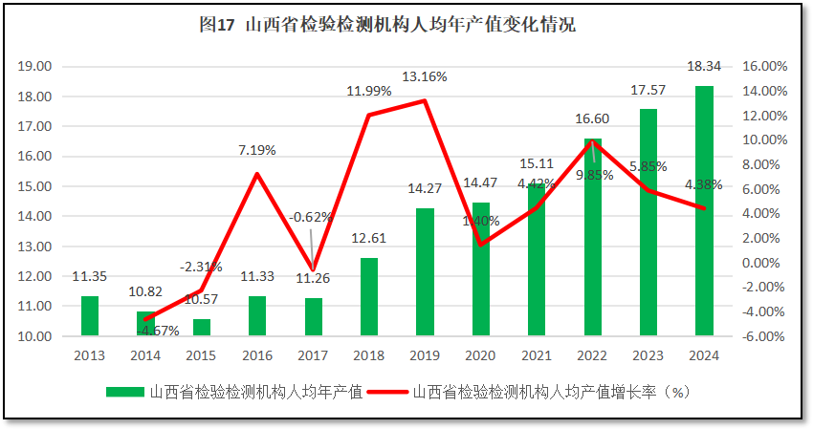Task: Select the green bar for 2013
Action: [90, 316]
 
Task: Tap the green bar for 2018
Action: [369, 297]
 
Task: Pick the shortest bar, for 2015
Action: [202, 328]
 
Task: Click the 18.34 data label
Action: [704, 66]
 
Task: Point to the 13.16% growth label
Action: [424, 76]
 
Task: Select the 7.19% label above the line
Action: [256, 150]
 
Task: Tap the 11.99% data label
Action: [369, 91]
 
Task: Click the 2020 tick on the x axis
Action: [481, 355]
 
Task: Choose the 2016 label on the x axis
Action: [257, 355]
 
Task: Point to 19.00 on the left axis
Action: [34, 67]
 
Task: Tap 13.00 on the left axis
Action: [34, 247]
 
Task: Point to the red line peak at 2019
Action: [425, 100]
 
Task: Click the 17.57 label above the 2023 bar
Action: [648, 90]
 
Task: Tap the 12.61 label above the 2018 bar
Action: [369, 239]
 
